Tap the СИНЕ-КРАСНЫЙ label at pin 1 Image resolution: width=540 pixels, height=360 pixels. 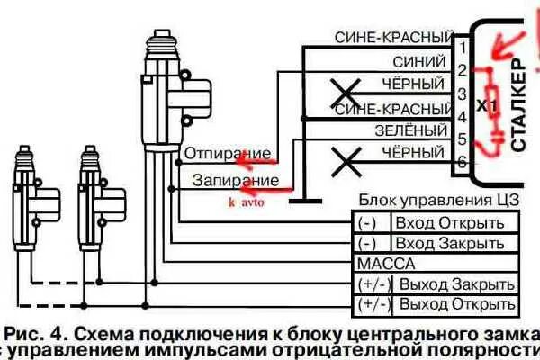[x=391, y=38]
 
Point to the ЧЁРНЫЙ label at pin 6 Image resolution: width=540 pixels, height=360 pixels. [x=415, y=156]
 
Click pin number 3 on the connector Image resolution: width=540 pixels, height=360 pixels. [x=460, y=94]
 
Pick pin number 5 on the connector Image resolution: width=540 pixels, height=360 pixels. [x=460, y=139]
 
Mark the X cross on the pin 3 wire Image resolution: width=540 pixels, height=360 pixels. [x=343, y=91]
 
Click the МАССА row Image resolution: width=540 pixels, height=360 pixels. [x=386, y=264]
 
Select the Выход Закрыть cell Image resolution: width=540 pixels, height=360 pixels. [x=457, y=283]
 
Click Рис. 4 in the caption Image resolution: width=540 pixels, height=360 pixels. [x=39, y=324]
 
